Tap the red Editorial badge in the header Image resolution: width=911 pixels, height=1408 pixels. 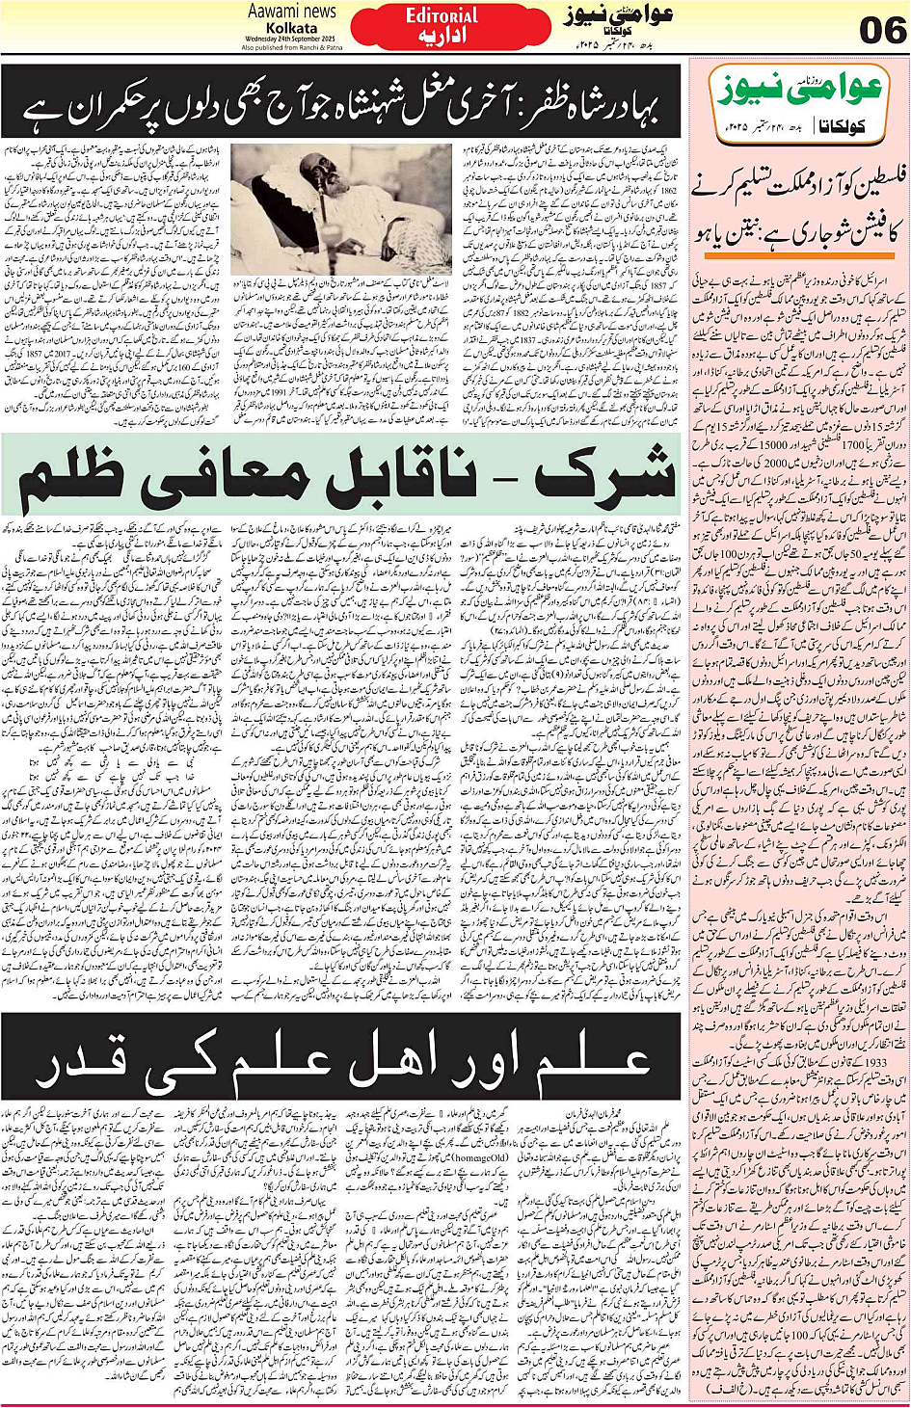(x=442, y=26)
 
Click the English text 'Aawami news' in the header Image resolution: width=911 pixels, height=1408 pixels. (x=291, y=11)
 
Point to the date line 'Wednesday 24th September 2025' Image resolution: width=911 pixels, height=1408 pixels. (x=291, y=39)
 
